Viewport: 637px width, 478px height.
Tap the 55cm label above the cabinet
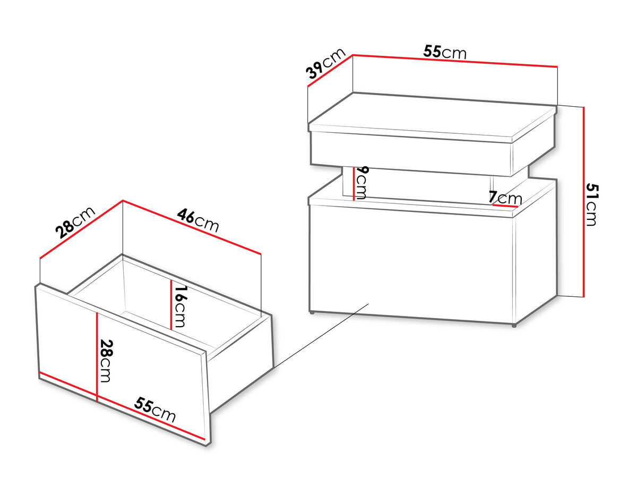tap(445, 52)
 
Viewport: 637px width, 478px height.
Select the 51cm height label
tap(592, 204)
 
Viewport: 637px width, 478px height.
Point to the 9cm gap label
tap(361, 182)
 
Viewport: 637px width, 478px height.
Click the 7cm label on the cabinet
tap(505, 198)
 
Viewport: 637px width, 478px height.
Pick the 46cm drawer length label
tap(198, 220)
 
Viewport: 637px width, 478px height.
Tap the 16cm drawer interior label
tap(180, 306)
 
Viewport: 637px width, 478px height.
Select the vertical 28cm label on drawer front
tap(106, 361)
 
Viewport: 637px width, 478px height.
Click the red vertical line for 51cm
tap(583, 202)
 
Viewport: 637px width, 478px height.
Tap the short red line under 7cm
tap(505, 206)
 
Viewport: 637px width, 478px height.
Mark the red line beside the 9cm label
tap(354, 184)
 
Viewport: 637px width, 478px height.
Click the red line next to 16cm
tap(171, 305)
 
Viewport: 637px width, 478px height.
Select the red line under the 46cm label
tap(192, 227)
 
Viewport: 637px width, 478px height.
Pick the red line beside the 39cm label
tap(330, 71)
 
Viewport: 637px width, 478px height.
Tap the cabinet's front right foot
tap(514, 326)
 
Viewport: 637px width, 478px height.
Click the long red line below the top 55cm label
tap(455, 61)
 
